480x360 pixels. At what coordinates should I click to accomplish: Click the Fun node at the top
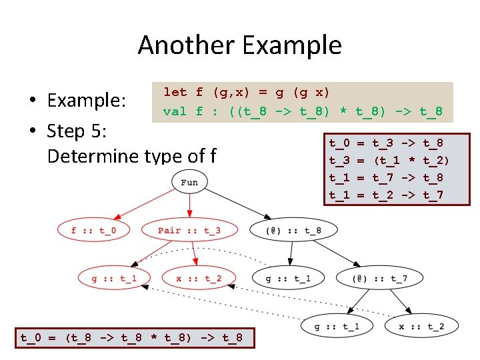pyautogui.click(x=189, y=183)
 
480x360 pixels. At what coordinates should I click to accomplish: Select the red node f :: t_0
pyautogui.click(x=93, y=231)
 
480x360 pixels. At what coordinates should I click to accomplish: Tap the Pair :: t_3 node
pyautogui.click(x=189, y=231)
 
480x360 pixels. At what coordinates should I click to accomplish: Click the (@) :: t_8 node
pyautogui.click(x=293, y=231)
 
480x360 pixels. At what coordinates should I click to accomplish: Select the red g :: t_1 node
pyautogui.click(x=113, y=278)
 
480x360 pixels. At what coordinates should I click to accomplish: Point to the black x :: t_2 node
pyautogui.click(x=420, y=326)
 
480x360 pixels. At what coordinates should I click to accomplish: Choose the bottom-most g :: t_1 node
pyautogui.click(x=336, y=326)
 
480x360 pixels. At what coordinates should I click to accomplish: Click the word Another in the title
pyautogui.click(x=187, y=45)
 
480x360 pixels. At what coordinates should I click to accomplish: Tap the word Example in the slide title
pyautogui.click(x=293, y=45)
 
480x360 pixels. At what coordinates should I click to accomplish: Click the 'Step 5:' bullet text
pyautogui.click(x=75, y=131)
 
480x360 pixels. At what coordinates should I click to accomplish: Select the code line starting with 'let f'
pyautogui.click(x=247, y=92)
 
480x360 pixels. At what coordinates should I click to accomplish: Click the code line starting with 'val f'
pyautogui.click(x=303, y=111)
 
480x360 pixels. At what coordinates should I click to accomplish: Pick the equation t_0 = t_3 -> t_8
pyautogui.click(x=386, y=143)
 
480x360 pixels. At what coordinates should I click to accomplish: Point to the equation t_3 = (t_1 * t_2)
pyautogui.click(x=389, y=160)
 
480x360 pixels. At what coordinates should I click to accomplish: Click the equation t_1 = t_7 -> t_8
pyautogui.click(x=386, y=177)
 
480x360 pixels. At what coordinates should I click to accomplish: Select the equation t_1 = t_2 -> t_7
pyautogui.click(x=386, y=195)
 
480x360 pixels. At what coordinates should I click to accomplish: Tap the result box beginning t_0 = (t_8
pyautogui.click(x=131, y=337)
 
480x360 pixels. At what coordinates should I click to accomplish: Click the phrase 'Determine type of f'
pyautogui.click(x=132, y=156)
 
